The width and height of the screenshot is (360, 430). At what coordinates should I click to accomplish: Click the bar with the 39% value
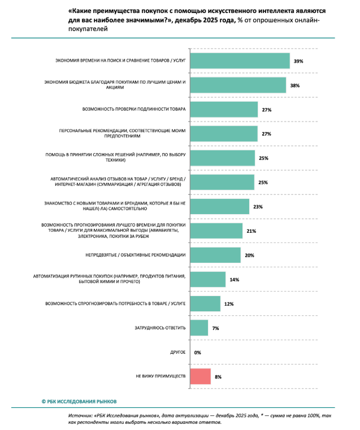(240, 60)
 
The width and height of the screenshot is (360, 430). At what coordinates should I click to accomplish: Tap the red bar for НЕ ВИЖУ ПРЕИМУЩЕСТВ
(201, 376)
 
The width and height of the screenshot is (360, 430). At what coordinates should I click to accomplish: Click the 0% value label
(198, 352)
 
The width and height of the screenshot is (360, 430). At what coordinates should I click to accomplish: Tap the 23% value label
(258, 207)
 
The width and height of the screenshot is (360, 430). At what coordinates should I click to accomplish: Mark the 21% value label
(251, 231)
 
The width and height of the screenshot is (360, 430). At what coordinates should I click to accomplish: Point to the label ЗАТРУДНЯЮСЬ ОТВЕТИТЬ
(161, 328)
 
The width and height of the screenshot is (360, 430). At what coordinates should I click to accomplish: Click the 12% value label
(229, 303)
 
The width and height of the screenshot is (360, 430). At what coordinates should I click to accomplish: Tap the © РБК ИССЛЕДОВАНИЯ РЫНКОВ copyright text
(79, 401)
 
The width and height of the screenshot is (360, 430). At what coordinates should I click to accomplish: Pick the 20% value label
(249, 255)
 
